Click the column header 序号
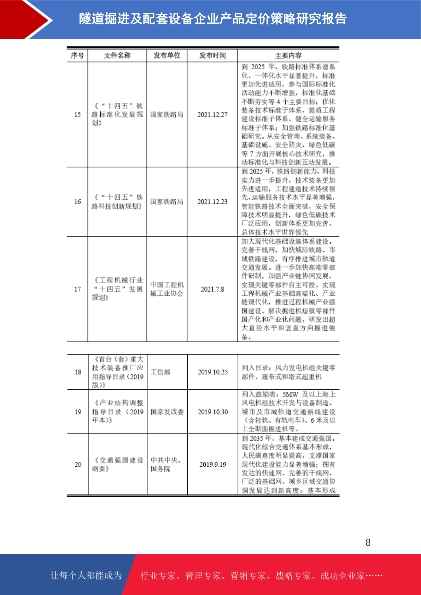77,55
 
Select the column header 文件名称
117,55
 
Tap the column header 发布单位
167,55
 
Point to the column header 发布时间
212,55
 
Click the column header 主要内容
288,55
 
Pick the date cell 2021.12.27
212,114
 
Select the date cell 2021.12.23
212,202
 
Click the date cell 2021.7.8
212,289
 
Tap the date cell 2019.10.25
213,372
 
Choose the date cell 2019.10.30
213,412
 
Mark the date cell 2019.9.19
213,465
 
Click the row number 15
77,114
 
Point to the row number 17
77,289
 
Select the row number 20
78,465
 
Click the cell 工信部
160,372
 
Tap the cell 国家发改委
167,412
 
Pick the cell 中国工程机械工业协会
167,289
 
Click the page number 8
368,543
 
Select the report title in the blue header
213,19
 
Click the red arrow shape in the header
25,19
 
